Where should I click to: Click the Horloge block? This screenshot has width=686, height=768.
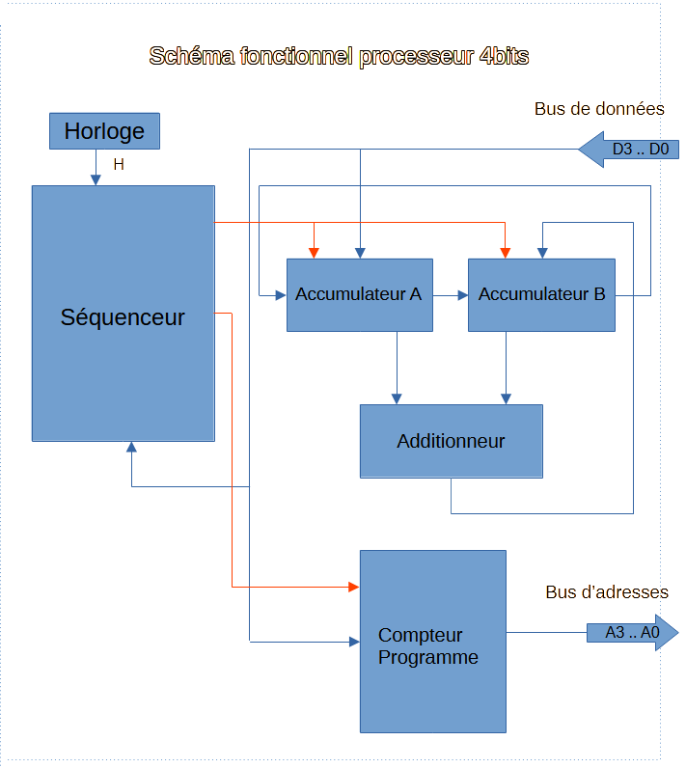click(x=104, y=131)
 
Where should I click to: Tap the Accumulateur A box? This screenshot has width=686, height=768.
click(x=359, y=295)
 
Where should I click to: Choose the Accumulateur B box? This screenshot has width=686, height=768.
click(x=541, y=295)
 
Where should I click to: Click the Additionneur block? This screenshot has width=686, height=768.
click(x=451, y=441)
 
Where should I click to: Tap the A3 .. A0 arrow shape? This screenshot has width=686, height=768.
click(x=633, y=633)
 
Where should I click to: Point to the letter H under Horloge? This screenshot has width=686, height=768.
click(x=119, y=165)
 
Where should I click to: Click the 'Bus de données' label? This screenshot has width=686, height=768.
click(x=599, y=109)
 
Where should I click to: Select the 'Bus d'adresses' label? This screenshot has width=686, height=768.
click(x=606, y=592)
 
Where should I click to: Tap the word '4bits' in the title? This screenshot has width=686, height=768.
click(x=503, y=56)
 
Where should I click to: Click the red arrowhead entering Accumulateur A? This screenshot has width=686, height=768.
click(x=314, y=253)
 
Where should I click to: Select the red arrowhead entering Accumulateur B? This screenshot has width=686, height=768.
click(x=505, y=253)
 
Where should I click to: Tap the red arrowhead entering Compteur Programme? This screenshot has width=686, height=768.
click(x=353, y=587)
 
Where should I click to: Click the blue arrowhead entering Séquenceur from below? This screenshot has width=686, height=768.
click(x=131, y=448)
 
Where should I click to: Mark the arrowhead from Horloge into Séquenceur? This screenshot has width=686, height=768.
click(x=96, y=179)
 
